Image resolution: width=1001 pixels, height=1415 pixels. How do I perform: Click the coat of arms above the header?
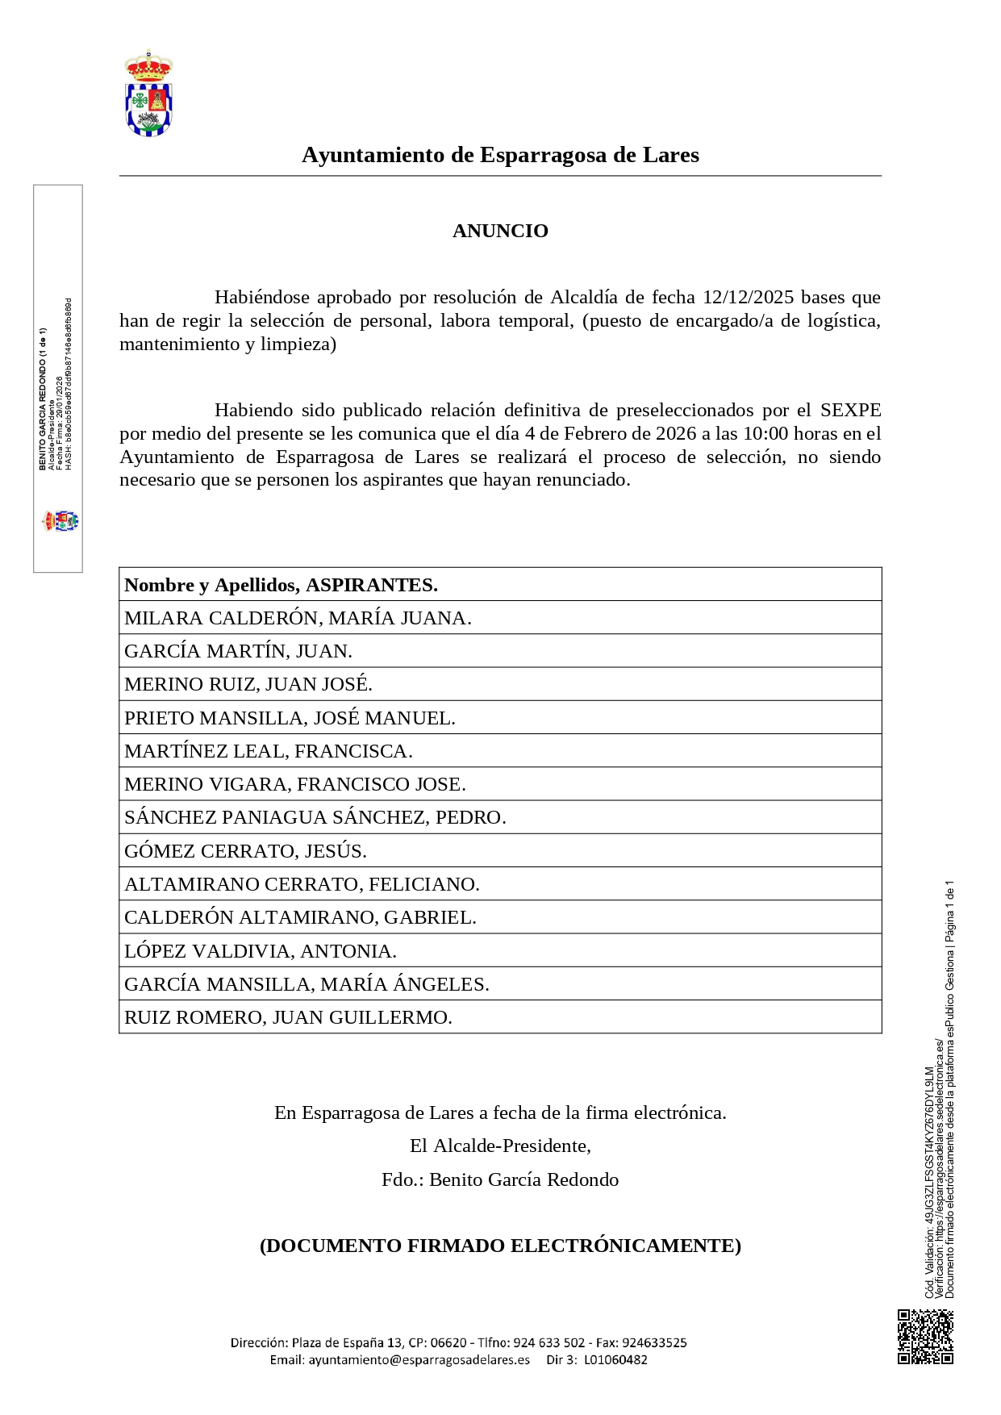point(148,94)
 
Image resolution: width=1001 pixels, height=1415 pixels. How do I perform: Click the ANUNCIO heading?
point(500,231)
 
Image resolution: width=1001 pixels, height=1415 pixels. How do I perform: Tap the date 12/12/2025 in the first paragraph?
point(748,297)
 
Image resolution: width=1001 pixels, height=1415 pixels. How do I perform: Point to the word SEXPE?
point(850,410)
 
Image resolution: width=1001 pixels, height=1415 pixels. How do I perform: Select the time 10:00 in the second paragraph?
point(765,433)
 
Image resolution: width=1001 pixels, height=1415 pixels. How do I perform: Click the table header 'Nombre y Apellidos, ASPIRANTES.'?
point(281,585)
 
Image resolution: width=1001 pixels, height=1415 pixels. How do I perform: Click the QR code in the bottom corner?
point(925,1337)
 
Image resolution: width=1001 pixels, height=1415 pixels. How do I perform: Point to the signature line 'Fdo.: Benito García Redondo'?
point(500,1179)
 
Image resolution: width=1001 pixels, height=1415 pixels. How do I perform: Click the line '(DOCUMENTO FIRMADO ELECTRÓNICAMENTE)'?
point(500,1246)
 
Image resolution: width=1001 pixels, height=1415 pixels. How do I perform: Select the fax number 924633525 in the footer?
point(654,1342)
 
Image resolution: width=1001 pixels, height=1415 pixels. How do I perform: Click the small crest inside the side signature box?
point(60,521)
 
